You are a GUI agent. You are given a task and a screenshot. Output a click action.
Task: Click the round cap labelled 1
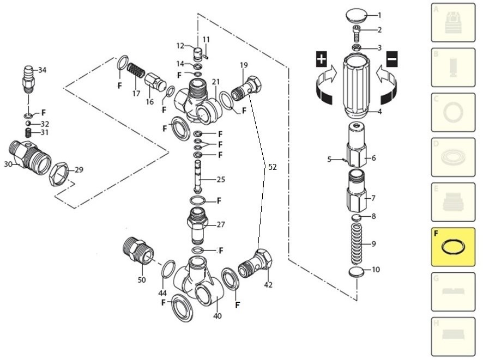(358, 15)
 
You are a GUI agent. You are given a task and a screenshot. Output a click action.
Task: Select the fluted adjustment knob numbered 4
(358, 87)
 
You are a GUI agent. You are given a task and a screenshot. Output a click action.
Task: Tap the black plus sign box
(322, 59)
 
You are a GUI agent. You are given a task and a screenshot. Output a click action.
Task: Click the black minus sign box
(392, 59)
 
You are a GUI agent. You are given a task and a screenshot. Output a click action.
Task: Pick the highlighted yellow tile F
(453, 247)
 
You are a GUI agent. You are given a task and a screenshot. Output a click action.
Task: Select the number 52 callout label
(273, 167)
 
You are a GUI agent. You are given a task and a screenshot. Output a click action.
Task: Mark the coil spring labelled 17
(135, 71)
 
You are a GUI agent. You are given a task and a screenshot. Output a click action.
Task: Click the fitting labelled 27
(198, 224)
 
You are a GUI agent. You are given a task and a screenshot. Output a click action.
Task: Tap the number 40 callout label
(218, 315)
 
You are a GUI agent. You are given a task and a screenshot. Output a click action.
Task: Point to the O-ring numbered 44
(169, 270)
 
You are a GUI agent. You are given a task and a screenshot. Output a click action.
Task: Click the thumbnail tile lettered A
(453, 22)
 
